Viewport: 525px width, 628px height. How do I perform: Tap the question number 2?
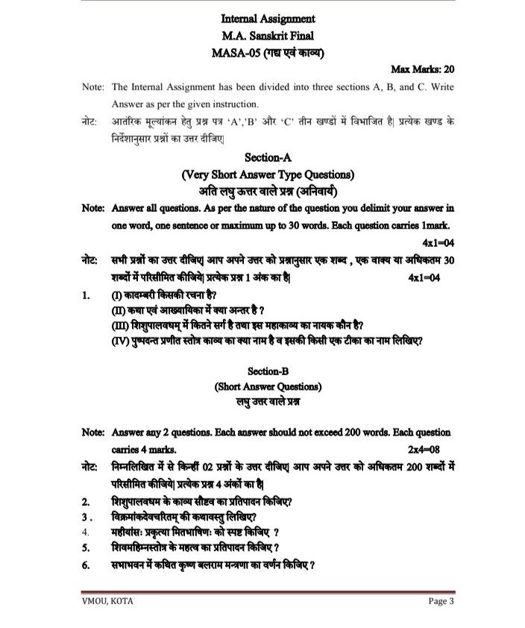coord(86,500)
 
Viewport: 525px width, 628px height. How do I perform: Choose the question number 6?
coord(86,565)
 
